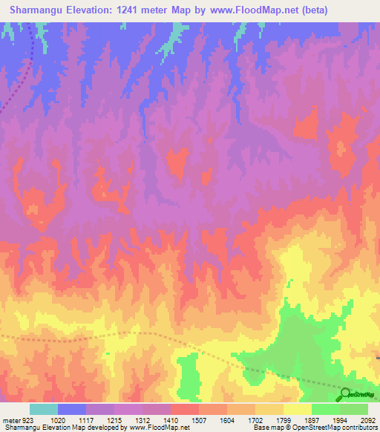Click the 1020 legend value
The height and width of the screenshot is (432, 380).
(59, 420)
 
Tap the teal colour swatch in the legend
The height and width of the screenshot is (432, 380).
(44, 409)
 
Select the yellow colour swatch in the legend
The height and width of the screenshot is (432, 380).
(297, 409)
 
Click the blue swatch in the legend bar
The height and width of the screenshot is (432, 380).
(72, 409)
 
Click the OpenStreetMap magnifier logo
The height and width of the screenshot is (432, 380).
(346, 393)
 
